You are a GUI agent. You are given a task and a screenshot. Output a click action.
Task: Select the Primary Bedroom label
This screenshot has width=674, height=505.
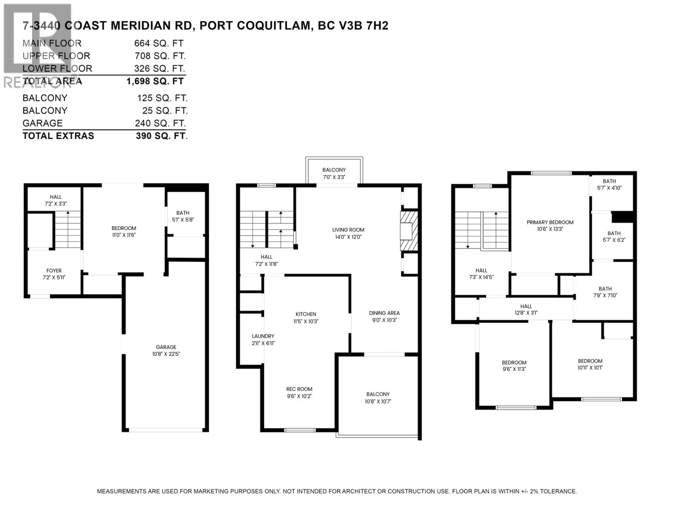(550, 222)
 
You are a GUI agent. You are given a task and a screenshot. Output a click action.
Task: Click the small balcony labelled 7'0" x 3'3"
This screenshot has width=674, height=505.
(334, 173)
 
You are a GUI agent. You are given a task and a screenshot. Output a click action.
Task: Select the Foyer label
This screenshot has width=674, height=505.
(54, 271)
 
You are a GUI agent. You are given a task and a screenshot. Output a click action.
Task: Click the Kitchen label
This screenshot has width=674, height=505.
(306, 314)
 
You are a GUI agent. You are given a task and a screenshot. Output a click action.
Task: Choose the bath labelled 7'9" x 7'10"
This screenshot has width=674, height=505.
(605, 292)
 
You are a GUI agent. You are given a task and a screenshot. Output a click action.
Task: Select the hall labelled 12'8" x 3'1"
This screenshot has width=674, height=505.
(526, 309)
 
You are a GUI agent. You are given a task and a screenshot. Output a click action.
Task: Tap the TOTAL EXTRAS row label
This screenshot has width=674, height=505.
(58, 136)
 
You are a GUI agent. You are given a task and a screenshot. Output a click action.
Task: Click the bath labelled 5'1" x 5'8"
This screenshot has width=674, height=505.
(183, 216)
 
